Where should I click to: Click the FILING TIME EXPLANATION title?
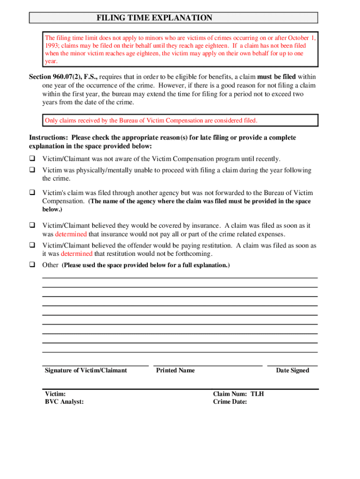154,18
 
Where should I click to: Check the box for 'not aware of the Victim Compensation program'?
33,159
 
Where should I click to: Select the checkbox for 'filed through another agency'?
33,193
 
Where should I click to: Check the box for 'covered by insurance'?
33,225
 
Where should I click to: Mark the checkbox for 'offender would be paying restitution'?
33,245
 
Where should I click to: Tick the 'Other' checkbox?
33,265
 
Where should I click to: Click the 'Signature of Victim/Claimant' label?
86,370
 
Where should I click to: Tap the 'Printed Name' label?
175,370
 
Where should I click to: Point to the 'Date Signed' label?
292,370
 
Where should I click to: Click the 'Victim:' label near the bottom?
55,394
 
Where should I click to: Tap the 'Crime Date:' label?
230,401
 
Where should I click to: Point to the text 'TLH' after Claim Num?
257,394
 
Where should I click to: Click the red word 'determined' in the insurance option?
71,234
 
